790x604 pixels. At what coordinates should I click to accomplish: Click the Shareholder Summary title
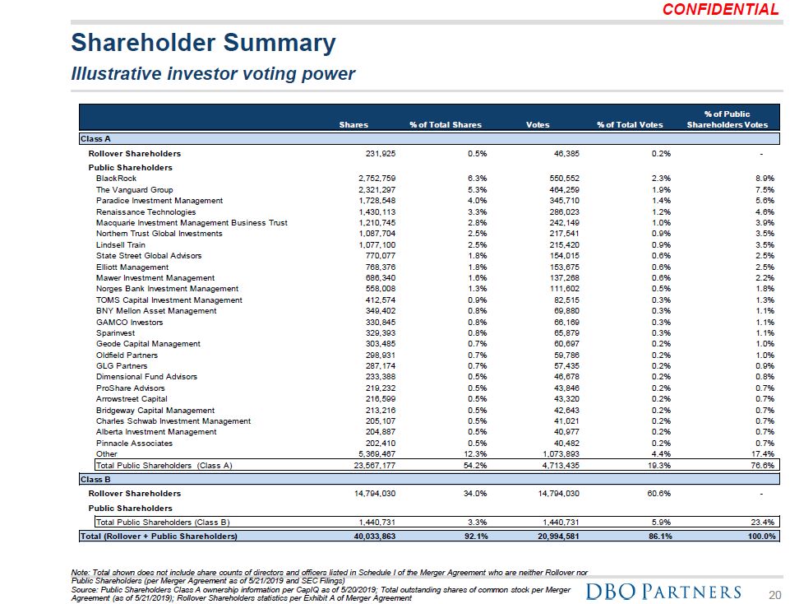pos(203,43)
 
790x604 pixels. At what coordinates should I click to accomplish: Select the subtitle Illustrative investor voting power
pos(213,74)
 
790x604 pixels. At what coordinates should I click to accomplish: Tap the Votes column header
pos(538,125)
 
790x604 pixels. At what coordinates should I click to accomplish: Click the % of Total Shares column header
pos(445,125)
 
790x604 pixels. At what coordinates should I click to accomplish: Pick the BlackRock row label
pos(116,179)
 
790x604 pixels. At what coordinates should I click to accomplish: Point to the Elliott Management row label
pos(132,267)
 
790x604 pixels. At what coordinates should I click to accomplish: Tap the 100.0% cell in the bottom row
pos(760,537)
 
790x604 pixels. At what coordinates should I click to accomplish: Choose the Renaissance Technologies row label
pos(146,211)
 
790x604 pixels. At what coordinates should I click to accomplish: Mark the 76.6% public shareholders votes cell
pos(764,465)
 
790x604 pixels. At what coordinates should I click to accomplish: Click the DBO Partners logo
pos(664,592)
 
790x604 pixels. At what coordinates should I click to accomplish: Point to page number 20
pos(773,593)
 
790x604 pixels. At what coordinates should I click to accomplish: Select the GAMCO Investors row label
pos(130,322)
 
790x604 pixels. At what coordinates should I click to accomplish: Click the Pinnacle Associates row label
pos(134,443)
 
